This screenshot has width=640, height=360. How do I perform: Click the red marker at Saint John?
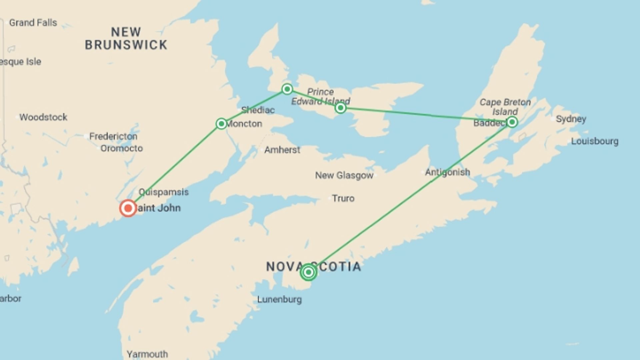click(x=128, y=208)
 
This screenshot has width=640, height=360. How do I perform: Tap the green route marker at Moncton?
click(x=221, y=124)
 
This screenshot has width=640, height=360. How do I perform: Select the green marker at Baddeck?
click(x=512, y=122)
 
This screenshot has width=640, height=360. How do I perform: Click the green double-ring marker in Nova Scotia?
click(x=308, y=272)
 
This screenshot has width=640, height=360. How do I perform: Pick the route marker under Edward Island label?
click(x=340, y=108)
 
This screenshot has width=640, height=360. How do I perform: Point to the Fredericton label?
click(x=113, y=136)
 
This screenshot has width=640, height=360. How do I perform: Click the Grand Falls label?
click(x=33, y=23)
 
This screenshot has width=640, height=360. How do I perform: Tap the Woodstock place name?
click(x=43, y=117)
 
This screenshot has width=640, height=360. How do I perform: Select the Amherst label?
click(x=282, y=150)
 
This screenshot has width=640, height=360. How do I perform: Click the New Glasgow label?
click(x=344, y=175)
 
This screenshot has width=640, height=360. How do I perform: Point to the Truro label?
click(x=343, y=198)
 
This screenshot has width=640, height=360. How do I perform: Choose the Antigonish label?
click(x=447, y=172)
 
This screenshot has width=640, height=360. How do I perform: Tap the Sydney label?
click(x=571, y=119)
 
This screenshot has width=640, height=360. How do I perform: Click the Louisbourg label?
click(x=595, y=141)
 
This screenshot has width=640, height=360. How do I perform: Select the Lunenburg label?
click(x=279, y=299)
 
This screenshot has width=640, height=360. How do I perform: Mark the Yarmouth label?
click(x=147, y=354)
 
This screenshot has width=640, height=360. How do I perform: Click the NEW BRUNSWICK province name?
click(x=126, y=39)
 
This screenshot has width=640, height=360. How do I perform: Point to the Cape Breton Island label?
click(x=505, y=107)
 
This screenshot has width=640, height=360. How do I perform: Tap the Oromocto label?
click(x=122, y=148)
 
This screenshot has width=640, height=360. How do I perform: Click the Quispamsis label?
click(x=164, y=192)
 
